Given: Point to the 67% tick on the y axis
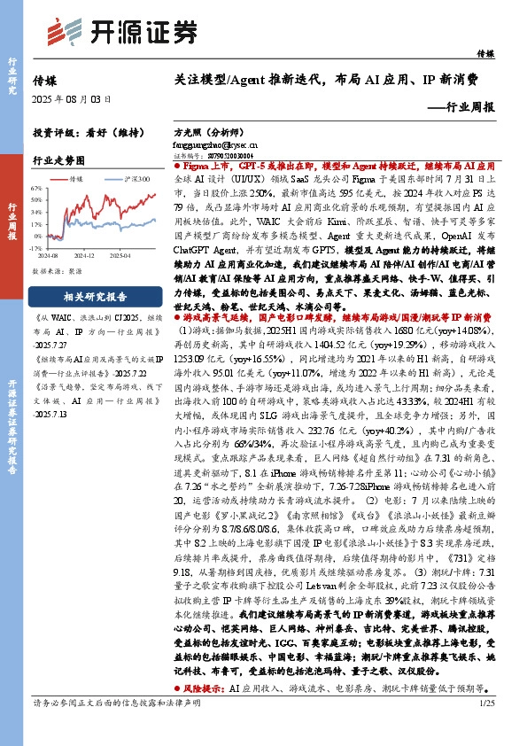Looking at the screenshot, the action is point(35,189).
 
